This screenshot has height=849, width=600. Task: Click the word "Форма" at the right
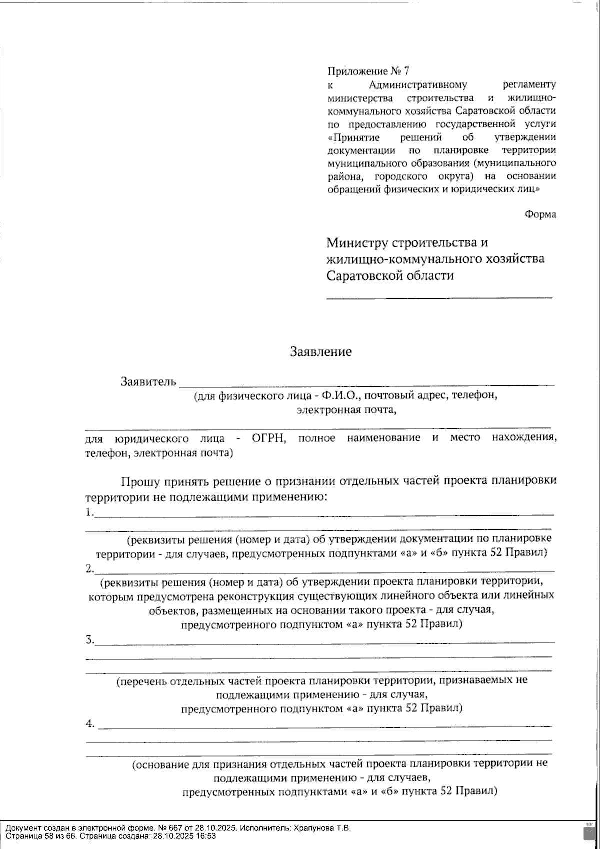pos(540,214)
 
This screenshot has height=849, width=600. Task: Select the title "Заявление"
pos(321,352)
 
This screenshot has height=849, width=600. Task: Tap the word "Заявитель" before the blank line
pos(148,382)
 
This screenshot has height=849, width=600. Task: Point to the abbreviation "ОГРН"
pos(268,439)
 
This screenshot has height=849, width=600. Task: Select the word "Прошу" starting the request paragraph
pos(140,482)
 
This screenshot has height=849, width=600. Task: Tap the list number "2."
pos(89,569)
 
